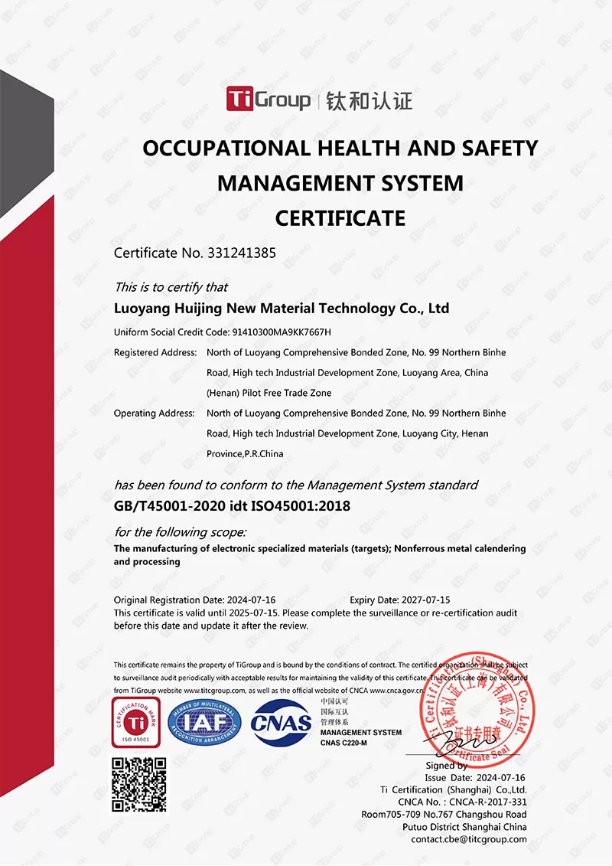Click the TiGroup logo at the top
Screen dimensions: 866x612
[269, 99]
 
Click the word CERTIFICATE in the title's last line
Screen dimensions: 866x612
[340, 218]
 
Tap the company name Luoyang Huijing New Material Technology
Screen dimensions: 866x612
[281, 309]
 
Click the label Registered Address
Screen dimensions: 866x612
[155, 352]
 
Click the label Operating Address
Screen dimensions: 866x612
[154, 413]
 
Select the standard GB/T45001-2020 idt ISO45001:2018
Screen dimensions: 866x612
[232, 506]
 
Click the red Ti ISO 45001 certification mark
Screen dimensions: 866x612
[135, 723]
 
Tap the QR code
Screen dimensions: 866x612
[139, 785]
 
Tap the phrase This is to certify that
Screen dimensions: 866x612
[171, 287]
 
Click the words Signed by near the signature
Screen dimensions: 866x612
[446, 765]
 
